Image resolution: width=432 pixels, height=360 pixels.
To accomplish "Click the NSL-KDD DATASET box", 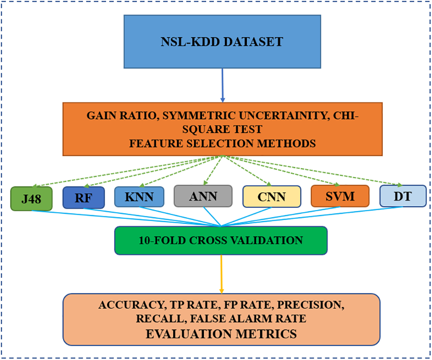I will [x=222, y=42].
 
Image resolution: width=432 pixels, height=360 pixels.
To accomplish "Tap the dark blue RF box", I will [x=84, y=198].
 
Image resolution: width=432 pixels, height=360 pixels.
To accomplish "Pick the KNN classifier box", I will [x=139, y=197].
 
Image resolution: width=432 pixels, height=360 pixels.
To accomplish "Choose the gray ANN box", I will [x=203, y=196].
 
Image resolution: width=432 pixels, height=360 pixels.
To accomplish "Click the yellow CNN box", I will [x=271, y=197].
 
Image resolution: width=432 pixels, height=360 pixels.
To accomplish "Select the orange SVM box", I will [x=340, y=197].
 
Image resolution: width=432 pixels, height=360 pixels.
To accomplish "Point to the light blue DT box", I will [x=403, y=196].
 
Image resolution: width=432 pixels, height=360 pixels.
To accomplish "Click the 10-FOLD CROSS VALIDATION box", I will [x=221, y=240].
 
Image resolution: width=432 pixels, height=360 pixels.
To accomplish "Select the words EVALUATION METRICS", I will [x=221, y=334].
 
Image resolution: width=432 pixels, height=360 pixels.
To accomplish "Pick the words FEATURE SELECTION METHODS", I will [x=222, y=144].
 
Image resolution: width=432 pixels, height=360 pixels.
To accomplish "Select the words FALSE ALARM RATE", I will [x=253, y=319].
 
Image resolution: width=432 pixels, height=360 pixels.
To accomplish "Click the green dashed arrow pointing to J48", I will [x=127, y=171].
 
